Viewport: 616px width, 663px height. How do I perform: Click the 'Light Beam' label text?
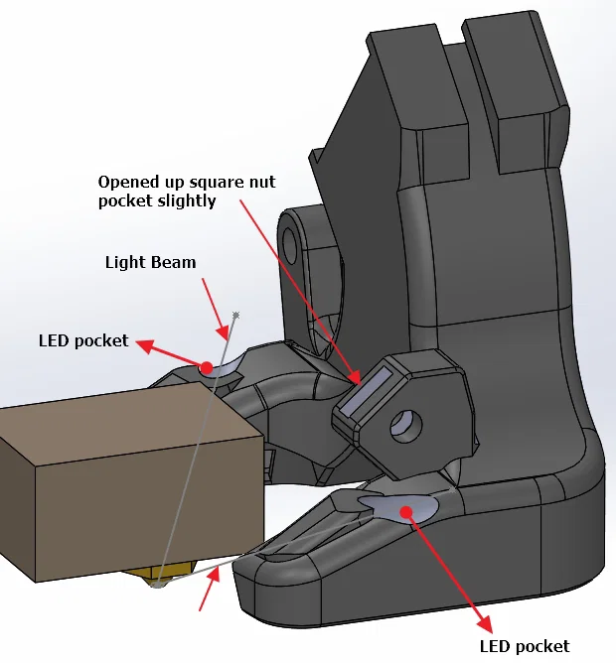150,263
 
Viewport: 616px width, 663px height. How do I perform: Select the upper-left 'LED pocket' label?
83,340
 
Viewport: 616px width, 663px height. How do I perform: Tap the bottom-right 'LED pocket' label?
525,646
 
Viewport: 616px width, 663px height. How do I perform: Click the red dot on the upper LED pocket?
207,368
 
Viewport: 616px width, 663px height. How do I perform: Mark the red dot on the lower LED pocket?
406,512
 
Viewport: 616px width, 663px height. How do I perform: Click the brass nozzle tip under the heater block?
158,585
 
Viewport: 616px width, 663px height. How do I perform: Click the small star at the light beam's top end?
236,315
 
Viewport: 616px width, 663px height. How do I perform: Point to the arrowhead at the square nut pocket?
354,376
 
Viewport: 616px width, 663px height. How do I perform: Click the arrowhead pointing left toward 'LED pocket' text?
145,345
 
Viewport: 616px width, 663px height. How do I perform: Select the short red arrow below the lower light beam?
210,590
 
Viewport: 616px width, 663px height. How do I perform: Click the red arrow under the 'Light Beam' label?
216,310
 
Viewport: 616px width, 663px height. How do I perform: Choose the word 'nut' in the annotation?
262,183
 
